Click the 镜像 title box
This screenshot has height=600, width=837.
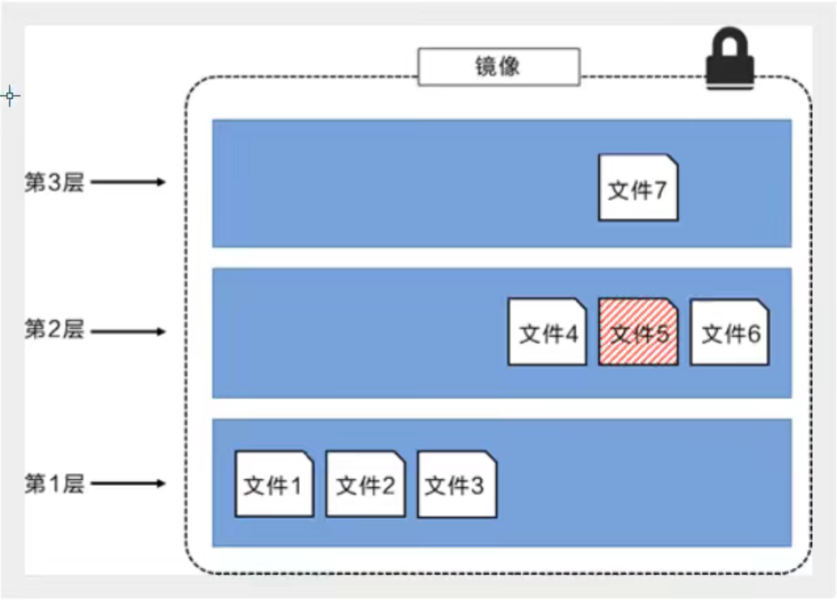click(x=499, y=67)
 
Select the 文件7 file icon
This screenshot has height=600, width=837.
click(x=638, y=187)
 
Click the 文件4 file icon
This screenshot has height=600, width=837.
click(x=547, y=332)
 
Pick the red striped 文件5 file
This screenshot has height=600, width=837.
click(x=638, y=332)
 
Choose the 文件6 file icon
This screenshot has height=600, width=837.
click(x=729, y=332)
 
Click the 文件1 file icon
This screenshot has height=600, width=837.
click(x=274, y=484)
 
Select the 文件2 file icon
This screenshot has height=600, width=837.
click(x=365, y=484)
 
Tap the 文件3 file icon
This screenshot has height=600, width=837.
click(x=457, y=484)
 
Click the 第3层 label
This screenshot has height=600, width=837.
click(x=54, y=182)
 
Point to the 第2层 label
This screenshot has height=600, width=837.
click(x=54, y=329)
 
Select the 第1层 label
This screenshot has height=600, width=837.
click(x=54, y=483)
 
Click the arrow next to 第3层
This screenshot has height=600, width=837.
click(x=128, y=182)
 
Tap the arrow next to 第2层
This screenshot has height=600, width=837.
click(x=128, y=332)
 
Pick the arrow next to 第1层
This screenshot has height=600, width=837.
click(x=128, y=483)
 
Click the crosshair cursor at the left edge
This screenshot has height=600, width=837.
click(x=10, y=96)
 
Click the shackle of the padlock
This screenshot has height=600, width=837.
click(x=730, y=41)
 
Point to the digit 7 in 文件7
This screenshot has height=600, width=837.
click(x=660, y=190)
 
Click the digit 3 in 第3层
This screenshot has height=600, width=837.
click(x=54, y=182)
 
